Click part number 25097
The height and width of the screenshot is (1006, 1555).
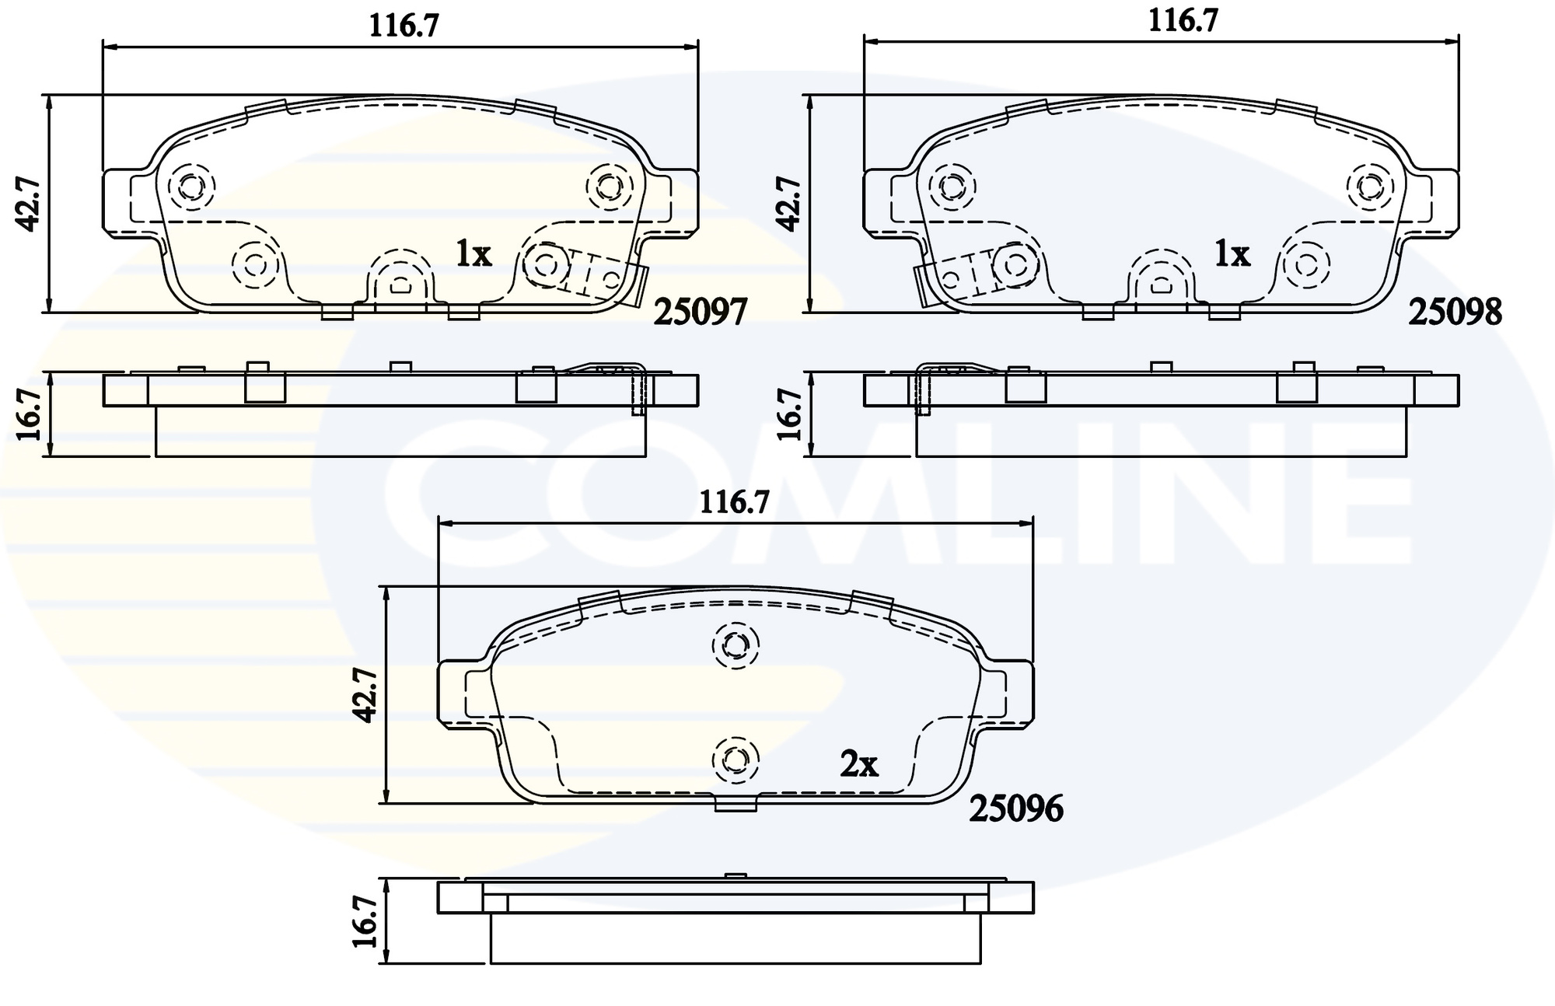coord(700,312)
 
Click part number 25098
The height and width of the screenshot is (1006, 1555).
coord(1455,312)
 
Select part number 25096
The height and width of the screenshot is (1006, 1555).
coord(1015,809)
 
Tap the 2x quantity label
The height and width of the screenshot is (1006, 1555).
coord(858,765)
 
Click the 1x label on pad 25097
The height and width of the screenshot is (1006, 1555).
coord(473,253)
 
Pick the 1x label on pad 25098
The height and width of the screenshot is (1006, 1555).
coord(1232,253)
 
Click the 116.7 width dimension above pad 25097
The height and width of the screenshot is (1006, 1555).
coord(404,26)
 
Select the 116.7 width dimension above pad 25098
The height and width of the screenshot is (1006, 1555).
coord(1183,20)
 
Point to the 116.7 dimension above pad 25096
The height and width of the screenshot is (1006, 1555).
coord(734,503)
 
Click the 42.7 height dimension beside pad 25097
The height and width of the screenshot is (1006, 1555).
coord(29,204)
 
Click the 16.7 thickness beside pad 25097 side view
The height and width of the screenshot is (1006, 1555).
coord(29,414)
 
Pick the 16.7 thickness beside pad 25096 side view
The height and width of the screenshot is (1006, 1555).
coord(365,921)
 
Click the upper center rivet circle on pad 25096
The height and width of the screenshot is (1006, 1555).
coord(735,644)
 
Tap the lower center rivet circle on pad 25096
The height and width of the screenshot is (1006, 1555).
coord(735,759)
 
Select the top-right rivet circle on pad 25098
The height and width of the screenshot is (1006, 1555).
coord(1370,187)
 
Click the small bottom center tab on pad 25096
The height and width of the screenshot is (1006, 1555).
coord(735,805)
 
